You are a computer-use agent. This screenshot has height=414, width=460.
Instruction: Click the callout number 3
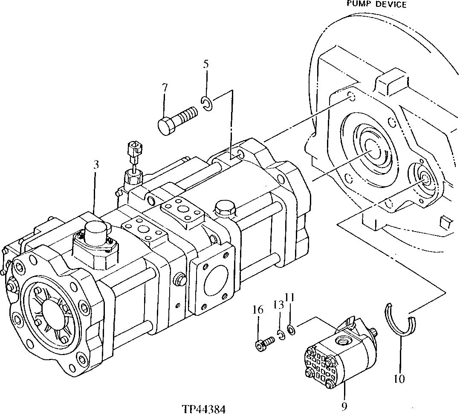click(96, 164)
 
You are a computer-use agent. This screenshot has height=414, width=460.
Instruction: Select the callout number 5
click(206, 65)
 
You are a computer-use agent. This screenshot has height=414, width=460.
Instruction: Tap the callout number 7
click(164, 88)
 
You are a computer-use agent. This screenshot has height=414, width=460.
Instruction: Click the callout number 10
click(399, 378)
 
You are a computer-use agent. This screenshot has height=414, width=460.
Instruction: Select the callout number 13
click(278, 305)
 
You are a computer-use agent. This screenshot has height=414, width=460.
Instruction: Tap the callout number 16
click(257, 310)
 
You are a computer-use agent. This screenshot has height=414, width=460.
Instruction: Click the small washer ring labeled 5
click(207, 103)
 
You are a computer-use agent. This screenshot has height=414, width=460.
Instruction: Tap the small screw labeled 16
click(264, 343)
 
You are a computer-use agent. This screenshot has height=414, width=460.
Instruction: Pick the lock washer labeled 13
click(281, 335)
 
